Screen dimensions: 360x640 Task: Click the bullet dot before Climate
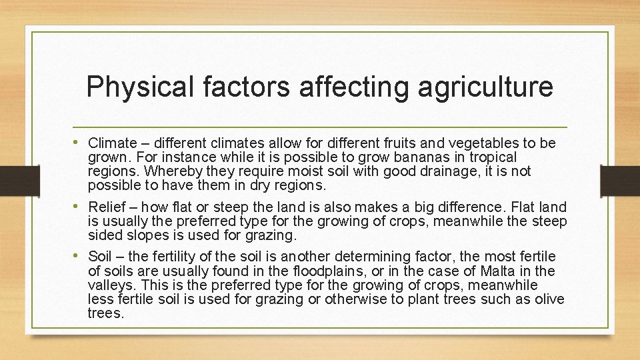coord(80,143)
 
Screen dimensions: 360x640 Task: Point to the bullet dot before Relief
coord(80,205)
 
